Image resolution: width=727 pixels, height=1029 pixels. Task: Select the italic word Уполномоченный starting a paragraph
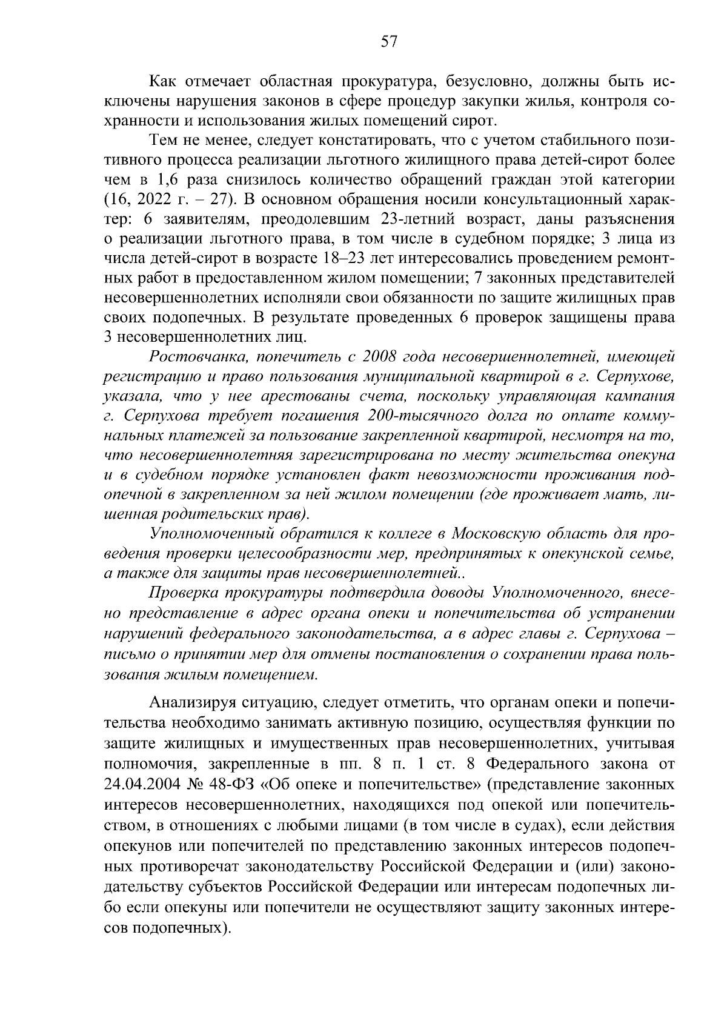pyautogui.click(x=204, y=534)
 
